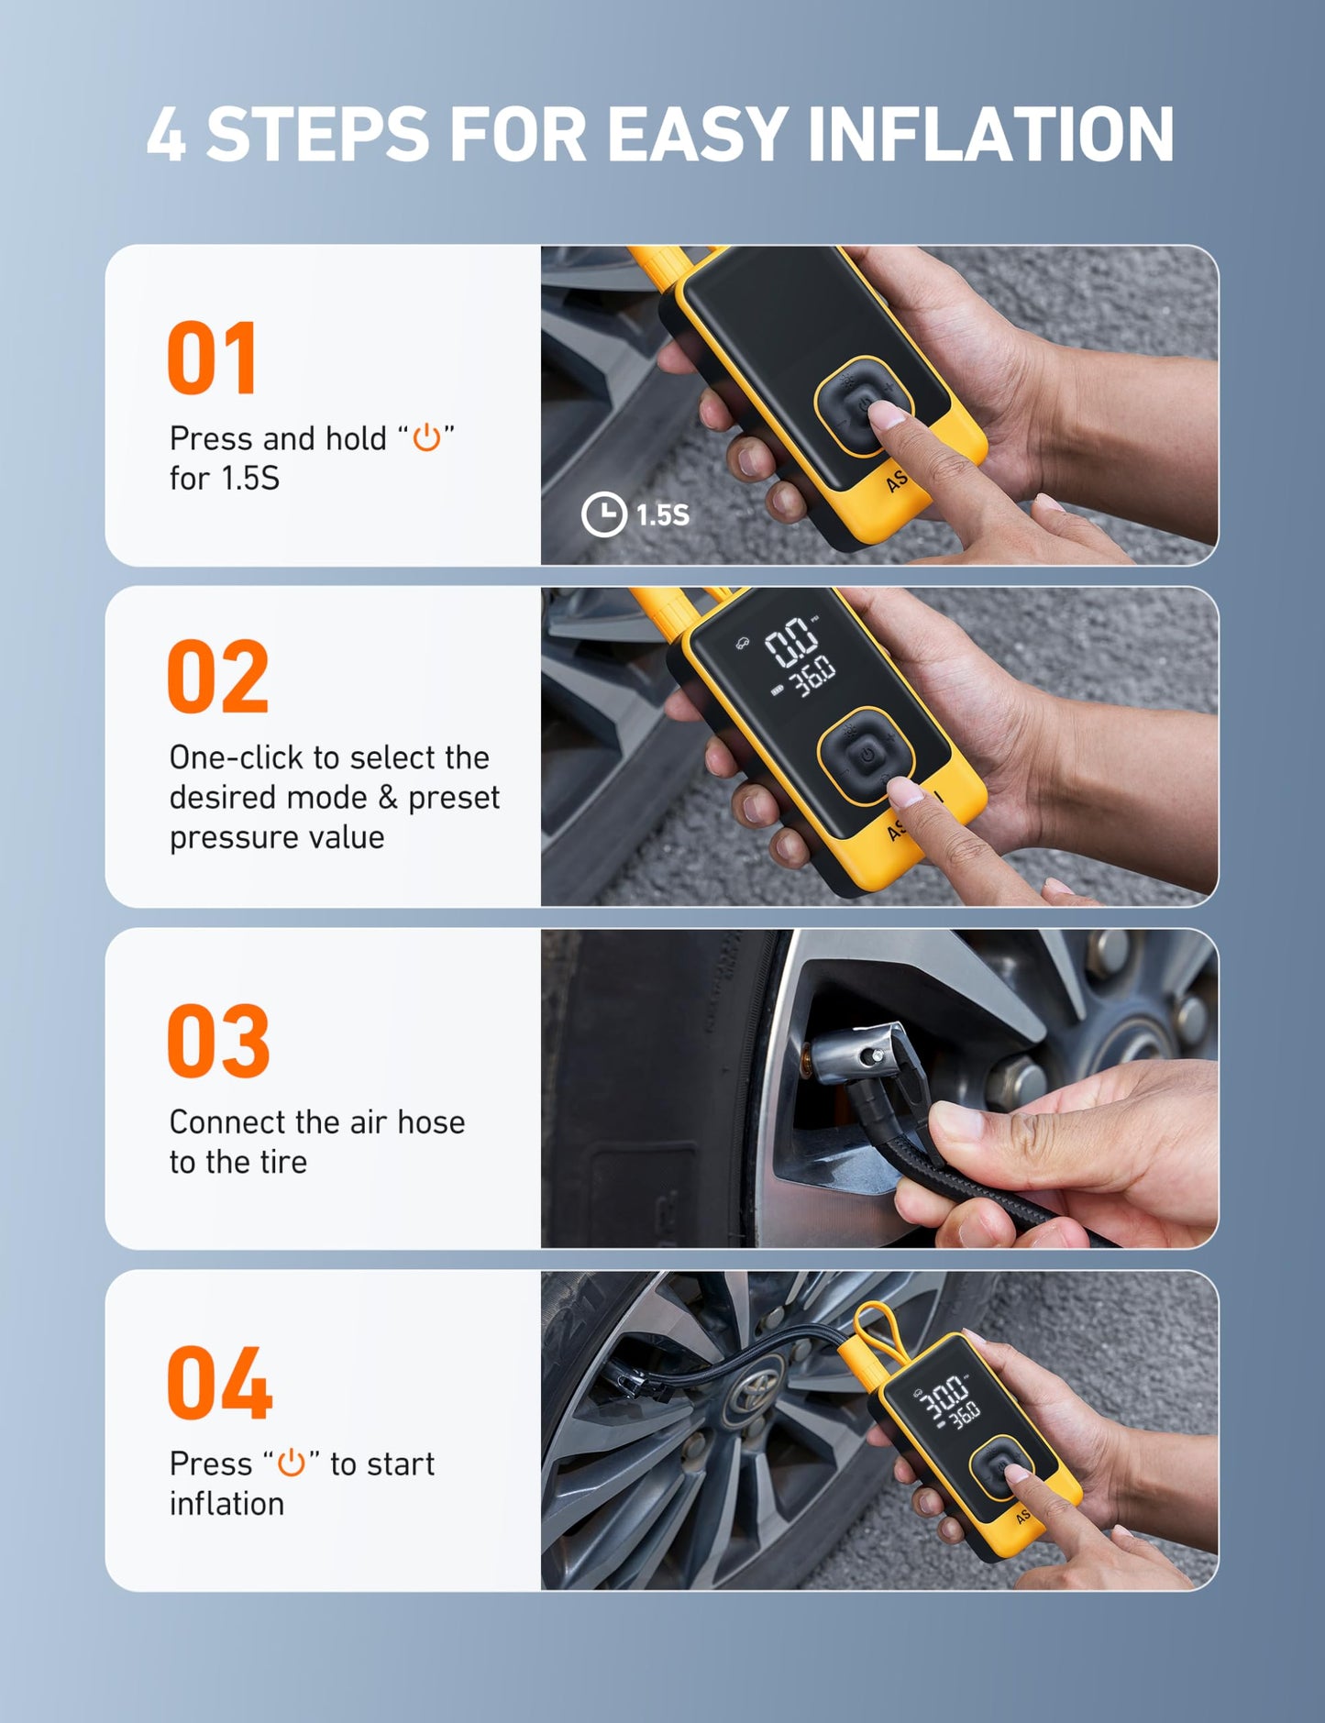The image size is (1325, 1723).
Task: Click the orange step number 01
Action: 212,359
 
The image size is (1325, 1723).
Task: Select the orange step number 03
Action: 218,1042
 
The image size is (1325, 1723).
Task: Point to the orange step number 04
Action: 219,1384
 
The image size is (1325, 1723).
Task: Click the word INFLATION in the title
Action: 990,135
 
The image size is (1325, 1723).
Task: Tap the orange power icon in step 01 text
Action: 426,438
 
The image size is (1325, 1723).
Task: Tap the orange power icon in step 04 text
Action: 291,1463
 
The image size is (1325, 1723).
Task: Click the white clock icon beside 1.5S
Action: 603,514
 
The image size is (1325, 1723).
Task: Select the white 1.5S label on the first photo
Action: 663,515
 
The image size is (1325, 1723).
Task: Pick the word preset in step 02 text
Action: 453,798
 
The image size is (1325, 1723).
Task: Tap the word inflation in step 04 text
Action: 226,1504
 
